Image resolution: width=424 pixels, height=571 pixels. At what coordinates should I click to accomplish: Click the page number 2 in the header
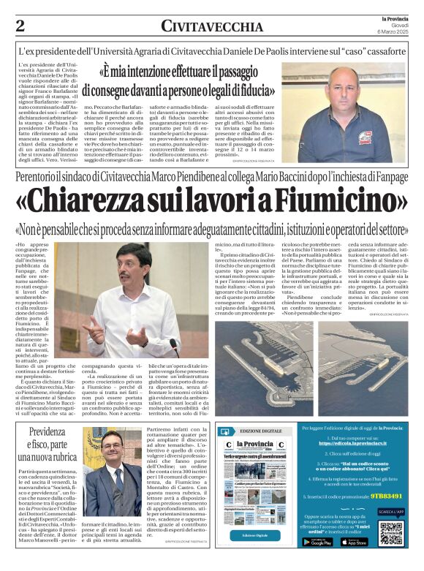click(x=20, y=25)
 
